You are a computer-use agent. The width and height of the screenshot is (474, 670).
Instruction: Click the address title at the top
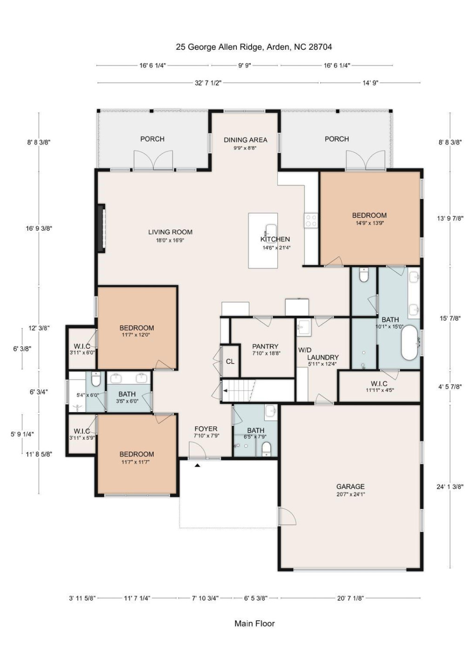[x=254, y=47]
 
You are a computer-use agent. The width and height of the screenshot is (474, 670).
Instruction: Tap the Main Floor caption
[x=254, y=623]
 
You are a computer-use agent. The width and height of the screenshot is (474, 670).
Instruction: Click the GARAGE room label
[x=350, y=487]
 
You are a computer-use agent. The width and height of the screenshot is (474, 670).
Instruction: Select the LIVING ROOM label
[x=170, y=232]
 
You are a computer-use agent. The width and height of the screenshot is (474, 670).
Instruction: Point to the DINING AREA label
[x=245, y=140]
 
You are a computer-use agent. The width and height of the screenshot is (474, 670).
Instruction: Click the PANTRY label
[x=265, y=347]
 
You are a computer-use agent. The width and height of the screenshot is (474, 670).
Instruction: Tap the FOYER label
[x=206, y=429]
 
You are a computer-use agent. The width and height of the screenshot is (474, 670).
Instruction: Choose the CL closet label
[x=230, y=362]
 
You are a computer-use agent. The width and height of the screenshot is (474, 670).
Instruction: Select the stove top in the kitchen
[x=311, y=221]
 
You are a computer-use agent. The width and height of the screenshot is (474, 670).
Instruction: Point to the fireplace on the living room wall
[x=101, y=228]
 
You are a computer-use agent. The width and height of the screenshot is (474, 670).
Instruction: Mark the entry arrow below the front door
[x=197, y=465]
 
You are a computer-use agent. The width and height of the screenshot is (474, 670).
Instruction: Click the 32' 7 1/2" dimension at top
[x=208, y=83]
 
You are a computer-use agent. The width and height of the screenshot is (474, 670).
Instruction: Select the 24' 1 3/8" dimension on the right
[x=450, y=487]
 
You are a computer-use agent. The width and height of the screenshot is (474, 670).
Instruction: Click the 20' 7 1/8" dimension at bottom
[x=350, y=598]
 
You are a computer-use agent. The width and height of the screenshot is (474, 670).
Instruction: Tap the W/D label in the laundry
[x=305, y=350]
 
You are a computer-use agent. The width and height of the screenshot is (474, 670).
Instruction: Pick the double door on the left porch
[x=154, y=161]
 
